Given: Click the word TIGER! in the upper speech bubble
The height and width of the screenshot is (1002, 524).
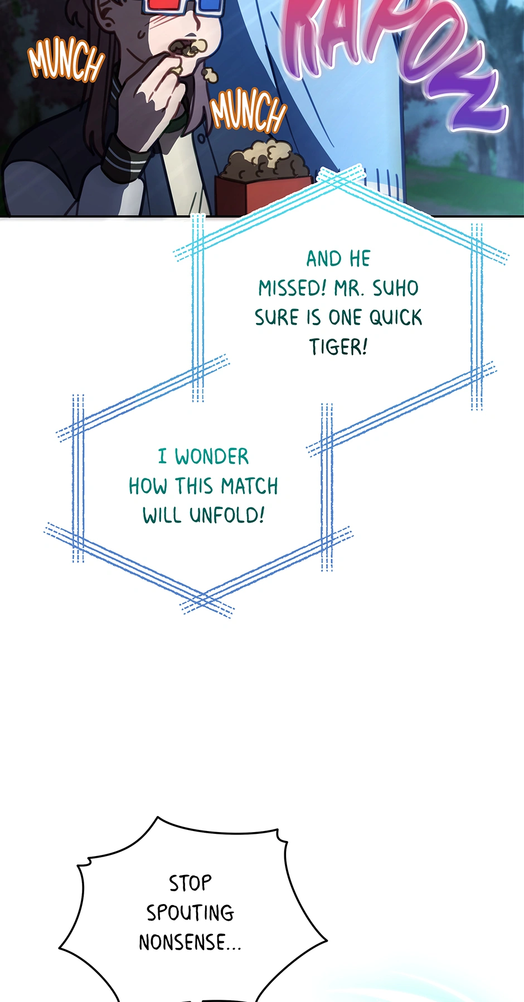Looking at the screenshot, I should pos(338,347).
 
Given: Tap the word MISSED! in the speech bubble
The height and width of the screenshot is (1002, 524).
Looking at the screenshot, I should pos(292,289).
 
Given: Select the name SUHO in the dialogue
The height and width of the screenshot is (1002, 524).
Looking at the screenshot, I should pos(395,289).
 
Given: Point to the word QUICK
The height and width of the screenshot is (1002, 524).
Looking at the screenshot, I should pos(396,317).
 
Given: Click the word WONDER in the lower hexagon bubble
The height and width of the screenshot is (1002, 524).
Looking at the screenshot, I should pos(212,457).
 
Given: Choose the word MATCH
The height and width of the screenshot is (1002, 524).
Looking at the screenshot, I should pos(249,486).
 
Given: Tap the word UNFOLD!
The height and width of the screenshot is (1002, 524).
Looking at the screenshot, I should pos(226,515).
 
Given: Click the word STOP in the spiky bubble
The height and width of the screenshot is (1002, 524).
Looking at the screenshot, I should pos(191,883).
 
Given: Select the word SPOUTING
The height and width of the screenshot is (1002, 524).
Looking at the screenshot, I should pos(191,912).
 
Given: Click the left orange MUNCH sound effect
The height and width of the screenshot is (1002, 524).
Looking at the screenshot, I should pos(66,60).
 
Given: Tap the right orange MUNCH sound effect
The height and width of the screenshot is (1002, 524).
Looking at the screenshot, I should pos(248,111).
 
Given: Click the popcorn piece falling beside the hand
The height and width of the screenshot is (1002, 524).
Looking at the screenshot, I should pos(210,75).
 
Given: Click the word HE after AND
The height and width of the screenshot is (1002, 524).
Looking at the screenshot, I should pos(360,259).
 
